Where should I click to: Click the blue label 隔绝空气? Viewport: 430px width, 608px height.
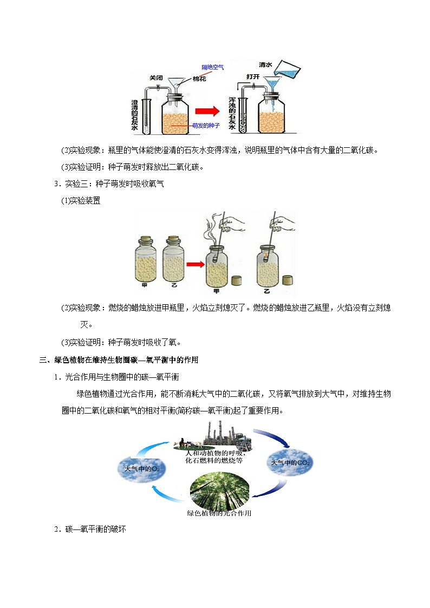pyautogui.click(x=212, y=67)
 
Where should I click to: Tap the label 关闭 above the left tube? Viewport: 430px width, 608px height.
pyautogui.click(x=156, y=78)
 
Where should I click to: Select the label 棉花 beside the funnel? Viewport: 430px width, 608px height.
pyautogui.click(x=199, y=79)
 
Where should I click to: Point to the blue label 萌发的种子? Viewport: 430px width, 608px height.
pyautogui.click(x=206, y=126)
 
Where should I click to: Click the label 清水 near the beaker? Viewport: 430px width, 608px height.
pyautogui.click(x=265, y=65)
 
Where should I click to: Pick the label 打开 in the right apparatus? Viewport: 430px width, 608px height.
pyautogui.click(x=253, y=77)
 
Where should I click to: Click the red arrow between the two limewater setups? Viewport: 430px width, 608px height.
pyautogui.click(x=207, y=112)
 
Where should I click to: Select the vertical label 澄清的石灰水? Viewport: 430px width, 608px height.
pyautogui.click(x=134, y=115)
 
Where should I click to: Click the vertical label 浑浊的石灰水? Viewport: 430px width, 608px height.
pyautogui.click(x=232, y=113)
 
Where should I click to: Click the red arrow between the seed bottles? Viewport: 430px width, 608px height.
pyautogui.click(x=196, y=264)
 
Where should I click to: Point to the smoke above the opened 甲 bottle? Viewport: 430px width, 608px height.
pyautogui.click(x=210, y=230)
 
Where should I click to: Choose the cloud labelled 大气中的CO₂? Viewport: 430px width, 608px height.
pyautogui.click(x=290, y=462)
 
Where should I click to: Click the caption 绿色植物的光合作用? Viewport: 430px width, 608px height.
pyautogui.click(x=219, y=513)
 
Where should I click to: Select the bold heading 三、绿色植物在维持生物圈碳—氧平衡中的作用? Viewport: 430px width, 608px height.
pyautogui.click(x=119, y=360)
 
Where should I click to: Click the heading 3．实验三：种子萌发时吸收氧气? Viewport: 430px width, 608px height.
pyautogui.click(x=109, y=184)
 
